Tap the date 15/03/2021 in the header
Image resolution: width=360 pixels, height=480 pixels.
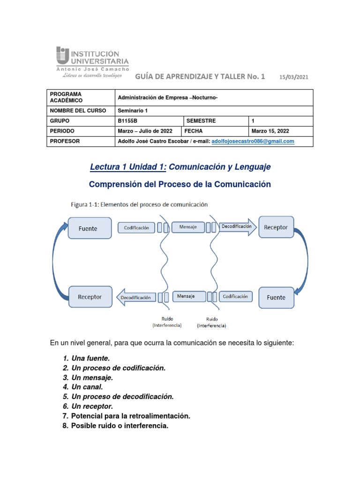294,77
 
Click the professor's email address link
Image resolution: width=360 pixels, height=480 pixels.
253,141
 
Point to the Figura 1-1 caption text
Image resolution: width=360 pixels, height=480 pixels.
139,204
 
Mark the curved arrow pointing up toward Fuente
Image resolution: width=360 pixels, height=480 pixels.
58,253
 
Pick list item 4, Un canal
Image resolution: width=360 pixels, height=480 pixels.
87,387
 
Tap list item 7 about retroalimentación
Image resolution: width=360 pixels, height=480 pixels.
130,416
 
